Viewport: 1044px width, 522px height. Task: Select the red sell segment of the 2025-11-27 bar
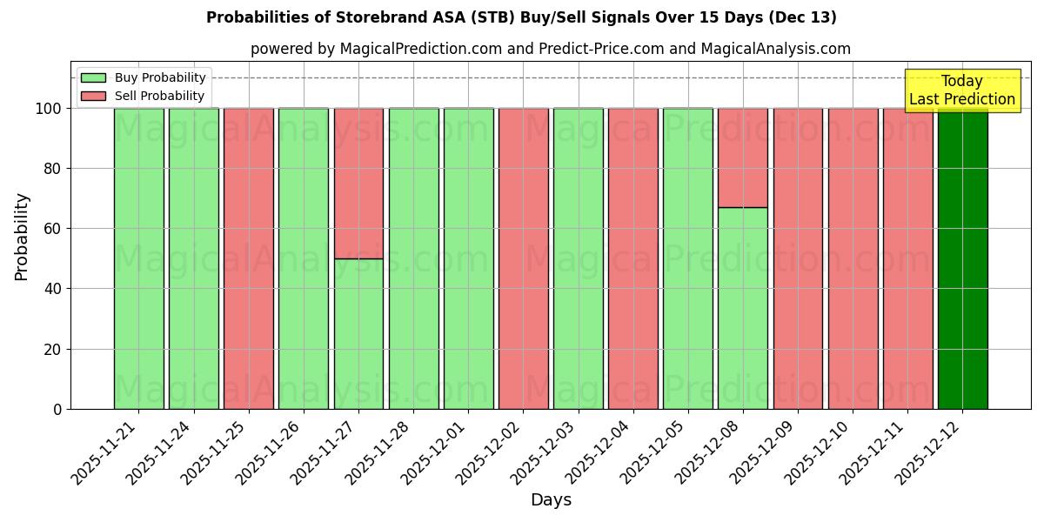[358, 183]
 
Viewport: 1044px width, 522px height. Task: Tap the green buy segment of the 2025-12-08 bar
[743, 308]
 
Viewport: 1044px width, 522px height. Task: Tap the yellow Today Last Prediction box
[961, 90]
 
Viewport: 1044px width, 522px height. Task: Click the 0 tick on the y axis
[57, 409]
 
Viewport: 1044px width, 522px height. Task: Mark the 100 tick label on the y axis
[50, 109]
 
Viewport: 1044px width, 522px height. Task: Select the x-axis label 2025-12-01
[435, 452]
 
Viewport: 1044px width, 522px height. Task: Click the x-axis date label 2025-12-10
[820, 452]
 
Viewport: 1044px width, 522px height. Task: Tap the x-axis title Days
[551, 500]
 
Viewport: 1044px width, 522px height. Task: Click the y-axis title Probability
[22, 236]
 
